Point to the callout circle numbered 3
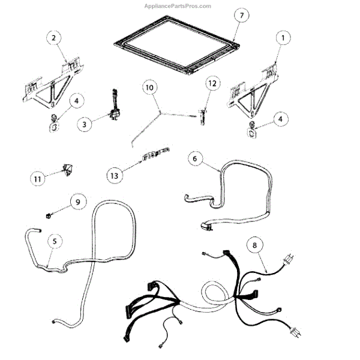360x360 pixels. pyautogui.click(x=85, y=124)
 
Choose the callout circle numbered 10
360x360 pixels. pyautogui.click(x=150, y=88)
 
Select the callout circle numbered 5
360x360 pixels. pyautogui.click(x=55, y=241)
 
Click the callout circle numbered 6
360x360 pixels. pyautogui.click(x=193, y=159)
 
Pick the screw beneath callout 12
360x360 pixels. pyautogui.click(x=202, y=113)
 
